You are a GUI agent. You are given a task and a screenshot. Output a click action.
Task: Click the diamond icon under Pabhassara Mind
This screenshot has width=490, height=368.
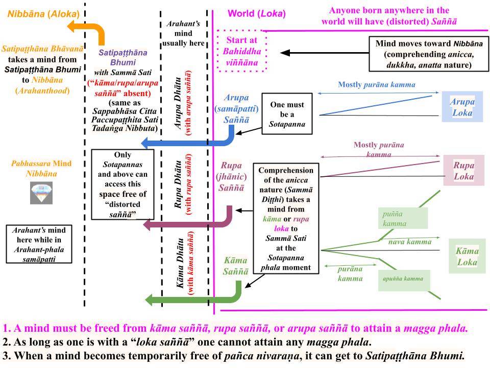[x=41, y=193]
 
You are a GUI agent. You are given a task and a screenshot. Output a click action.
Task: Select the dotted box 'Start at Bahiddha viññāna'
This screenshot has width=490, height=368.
[x=242, y=51]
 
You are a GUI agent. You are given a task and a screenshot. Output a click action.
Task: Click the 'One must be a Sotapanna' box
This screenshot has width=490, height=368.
[x=287, y=114]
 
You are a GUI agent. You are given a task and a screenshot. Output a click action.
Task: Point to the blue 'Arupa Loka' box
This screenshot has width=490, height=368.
[x=462, y=107]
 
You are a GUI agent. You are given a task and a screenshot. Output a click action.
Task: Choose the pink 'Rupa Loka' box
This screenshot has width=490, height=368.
[x=464, y=170]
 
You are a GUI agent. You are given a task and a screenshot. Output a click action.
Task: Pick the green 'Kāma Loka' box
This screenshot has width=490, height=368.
[x=467, y=256]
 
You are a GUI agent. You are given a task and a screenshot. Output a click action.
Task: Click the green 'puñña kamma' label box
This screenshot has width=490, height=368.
[x=403, y=218]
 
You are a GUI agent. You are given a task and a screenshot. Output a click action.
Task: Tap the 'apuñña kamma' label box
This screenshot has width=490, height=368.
[x=404, y=280]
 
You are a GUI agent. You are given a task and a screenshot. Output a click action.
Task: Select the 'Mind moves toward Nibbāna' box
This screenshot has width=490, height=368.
[x=429, y=54]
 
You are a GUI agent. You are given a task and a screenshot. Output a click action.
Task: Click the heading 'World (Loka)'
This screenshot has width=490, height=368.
[x=257, y=13]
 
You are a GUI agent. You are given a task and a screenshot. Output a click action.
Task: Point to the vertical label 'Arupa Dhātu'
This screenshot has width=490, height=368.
[x=178, y=103]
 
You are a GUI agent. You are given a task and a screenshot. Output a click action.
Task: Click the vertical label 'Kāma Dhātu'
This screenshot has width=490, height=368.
[x=180, y=263]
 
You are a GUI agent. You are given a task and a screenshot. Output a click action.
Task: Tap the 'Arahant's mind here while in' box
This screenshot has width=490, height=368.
[x=39, y=244]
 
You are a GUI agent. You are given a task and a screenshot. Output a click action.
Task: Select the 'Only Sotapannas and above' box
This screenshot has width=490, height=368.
[x=122, y=185]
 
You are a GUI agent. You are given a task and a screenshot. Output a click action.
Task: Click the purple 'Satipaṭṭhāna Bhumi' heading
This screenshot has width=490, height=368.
[x=123, y=57]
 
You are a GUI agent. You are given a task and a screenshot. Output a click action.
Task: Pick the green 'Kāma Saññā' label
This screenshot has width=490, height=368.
[x=236, y=266]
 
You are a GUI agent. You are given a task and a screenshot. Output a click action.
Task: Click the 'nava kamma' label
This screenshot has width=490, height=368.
[x=410, y=242]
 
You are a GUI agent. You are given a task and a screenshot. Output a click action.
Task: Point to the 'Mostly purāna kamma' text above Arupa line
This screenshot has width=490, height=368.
[x=377, y=84]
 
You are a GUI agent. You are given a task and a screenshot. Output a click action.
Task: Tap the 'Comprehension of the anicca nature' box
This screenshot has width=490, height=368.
[x=286, y=218]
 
